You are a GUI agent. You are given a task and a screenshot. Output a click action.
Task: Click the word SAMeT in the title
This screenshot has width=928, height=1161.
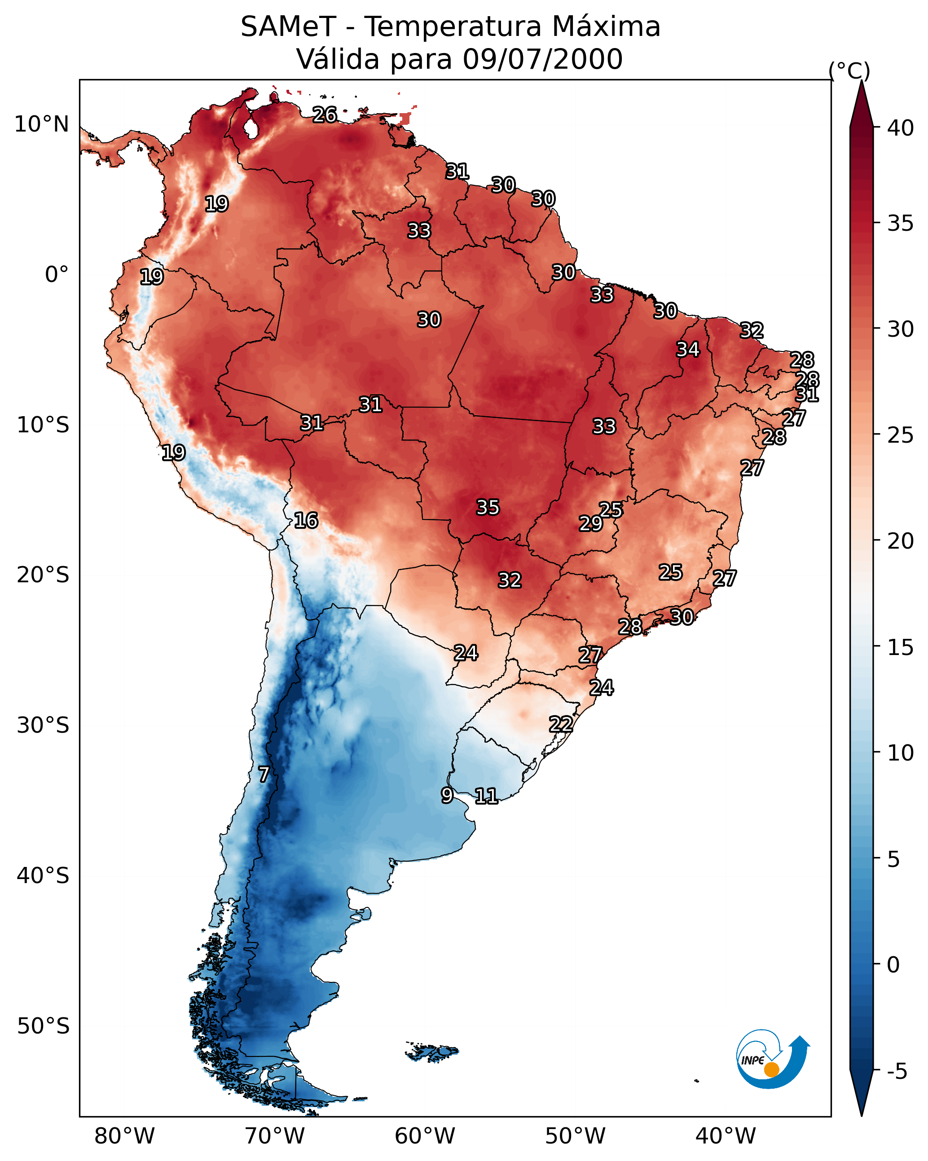pyautogui.click(x=288, y=27)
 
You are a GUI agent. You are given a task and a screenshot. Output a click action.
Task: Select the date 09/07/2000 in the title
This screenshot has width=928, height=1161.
pyautogui.click(x=542, y=59)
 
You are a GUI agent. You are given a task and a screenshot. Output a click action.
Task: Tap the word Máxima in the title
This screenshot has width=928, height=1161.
pyautogui.click(x=606, y=27)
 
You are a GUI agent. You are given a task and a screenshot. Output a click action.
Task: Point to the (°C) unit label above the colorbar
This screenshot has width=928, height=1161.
pyautogui.click(x=849, y=70)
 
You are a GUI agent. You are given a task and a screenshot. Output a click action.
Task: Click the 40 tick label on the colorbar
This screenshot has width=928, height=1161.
pyautogui.click(x=901, y=128)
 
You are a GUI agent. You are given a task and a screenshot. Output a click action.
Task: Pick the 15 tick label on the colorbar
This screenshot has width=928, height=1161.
pyautogui.click(x=901, y=647)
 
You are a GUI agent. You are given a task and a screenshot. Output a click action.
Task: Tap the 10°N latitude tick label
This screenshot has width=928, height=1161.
pyautogui.click(x=41, y=124)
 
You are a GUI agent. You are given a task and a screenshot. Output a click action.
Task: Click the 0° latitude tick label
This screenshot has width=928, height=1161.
pyautogui.click(x=57, y=275)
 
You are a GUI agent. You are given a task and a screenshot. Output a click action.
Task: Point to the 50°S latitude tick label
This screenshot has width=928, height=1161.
pyautogui.click(x=43, y=1026)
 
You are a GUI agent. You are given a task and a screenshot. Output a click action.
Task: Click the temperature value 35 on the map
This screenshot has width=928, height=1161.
pyautogui.click(x=488, y=507)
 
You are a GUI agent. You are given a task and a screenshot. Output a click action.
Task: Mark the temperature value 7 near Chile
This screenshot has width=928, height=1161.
pyautogui.click(x=264, y=774)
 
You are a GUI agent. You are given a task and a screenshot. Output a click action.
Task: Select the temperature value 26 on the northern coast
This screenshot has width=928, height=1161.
pyautogui.click(x=325, y=114)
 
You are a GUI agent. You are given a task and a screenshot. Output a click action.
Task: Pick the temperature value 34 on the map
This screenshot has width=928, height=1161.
pyautogui.click(x=688, y=349)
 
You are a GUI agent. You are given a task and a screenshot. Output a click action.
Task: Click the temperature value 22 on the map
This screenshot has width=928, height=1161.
pyautogui.click(x=561, y=724)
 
